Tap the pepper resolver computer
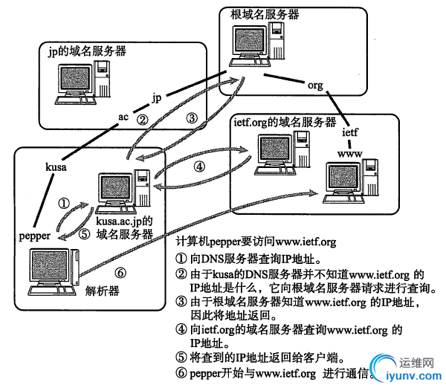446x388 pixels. [x=52, y=271]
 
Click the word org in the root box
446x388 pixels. [x=316, y=85]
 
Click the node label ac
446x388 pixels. [x=124, y=117]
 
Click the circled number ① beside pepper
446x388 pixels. [x=64, y=201]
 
